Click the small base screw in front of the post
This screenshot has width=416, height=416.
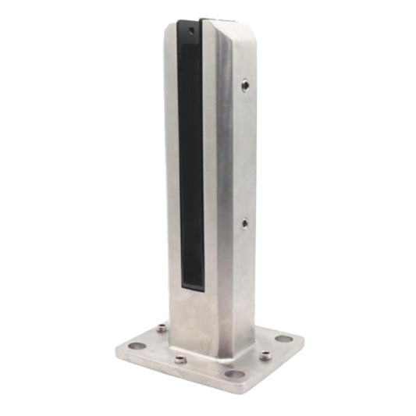181,360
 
